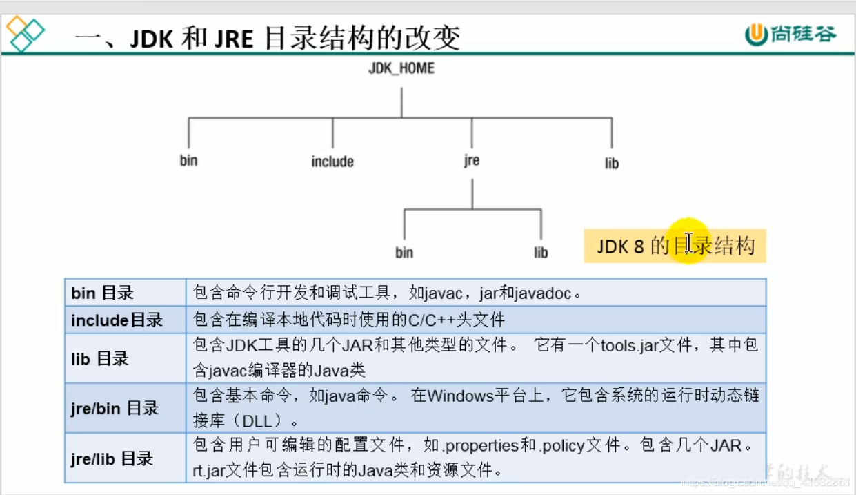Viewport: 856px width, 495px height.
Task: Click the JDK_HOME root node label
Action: coord(401,69)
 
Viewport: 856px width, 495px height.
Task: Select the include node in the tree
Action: coord(332,162)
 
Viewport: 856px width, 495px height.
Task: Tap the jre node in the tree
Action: coord(472,161)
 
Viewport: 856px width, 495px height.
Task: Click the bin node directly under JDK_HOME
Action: coord(188,161)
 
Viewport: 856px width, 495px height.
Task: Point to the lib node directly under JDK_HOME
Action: coord(612,164)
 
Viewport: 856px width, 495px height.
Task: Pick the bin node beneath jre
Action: coord(404,253)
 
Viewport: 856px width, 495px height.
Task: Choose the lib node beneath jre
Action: coord(541,253)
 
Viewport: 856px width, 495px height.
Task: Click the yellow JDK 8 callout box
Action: coord(675,246)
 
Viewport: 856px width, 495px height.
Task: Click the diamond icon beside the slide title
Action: coord(25,34)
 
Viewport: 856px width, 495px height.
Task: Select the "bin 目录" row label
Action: coord(102,293)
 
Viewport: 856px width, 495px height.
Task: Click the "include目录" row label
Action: coord(117,320)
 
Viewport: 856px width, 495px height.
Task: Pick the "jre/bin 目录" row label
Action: coord(115,408)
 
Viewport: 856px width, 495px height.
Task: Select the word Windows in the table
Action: coord(460,396)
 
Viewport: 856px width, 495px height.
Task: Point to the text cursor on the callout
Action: coord(688,242)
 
